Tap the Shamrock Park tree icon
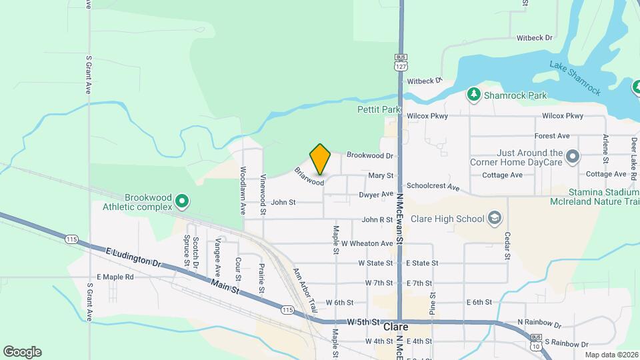click(x=474, y=95)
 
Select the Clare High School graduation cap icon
click(x=495, y=217)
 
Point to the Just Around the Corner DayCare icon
click(x=572, y=157)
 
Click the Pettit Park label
click(x=378, y=109)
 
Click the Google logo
click(x=22, y=351)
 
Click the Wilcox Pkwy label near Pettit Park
click(x=427, y=116)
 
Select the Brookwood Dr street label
click(x=370, y=155)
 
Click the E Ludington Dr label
click(x=134, y=258)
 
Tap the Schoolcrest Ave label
click(x=433, y=187)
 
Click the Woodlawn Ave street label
click(x=243, y=190)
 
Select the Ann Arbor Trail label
click(x=303, y=291)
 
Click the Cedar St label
click(x=507, y=245)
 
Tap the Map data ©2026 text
click(x=611, y=354)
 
